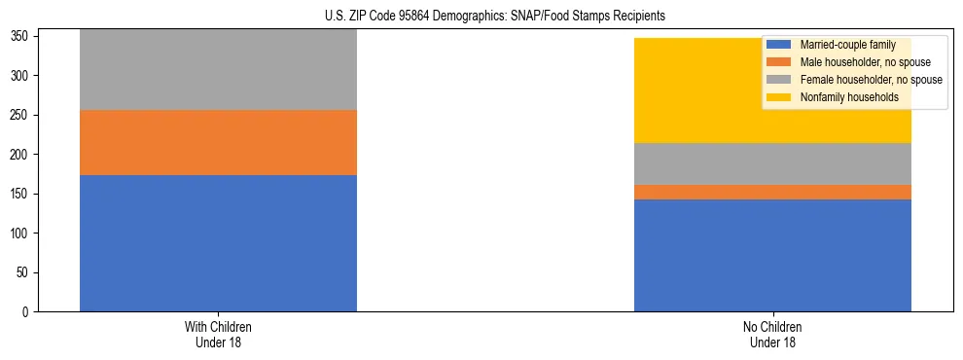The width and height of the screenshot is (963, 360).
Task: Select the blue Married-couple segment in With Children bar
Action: [x=218, y=243]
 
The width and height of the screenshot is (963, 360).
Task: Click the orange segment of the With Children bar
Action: [x=218, y=142]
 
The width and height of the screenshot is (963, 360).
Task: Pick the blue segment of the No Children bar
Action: [x=772, y=255]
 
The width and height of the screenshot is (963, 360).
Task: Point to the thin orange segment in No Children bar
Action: [x=772, y=192]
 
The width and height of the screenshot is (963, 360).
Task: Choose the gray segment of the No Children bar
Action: [x=772, y=163]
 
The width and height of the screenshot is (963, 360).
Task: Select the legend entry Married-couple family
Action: [x=846, y=45]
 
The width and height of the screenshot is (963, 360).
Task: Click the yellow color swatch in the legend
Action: [x=779, y=97]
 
